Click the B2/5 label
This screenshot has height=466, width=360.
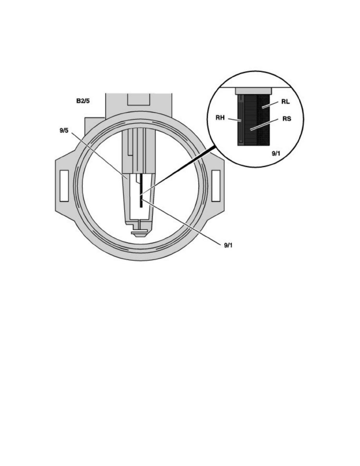point(83,101)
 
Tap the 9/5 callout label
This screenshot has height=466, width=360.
point(64,131)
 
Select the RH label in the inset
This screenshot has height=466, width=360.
point(220,118)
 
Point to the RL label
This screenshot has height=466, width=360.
point(285,102)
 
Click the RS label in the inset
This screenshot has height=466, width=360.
point(287,119)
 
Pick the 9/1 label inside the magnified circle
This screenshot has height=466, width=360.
point(276,153)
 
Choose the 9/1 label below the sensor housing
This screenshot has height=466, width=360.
point(228,245)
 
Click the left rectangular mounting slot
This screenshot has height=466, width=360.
point(64,186)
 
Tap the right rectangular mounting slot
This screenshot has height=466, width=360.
point(216,186)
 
